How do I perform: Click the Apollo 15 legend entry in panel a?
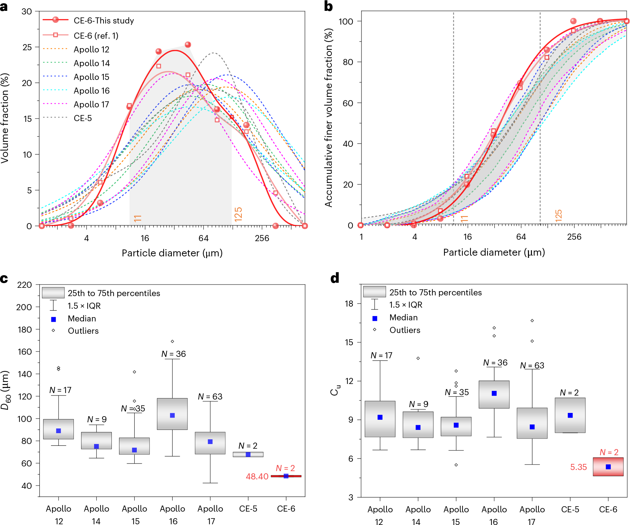click(x=91, y=77)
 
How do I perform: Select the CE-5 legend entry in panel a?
click(x=83, y=118)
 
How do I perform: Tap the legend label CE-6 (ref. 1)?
click(x=96, y=36)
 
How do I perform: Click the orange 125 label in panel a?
click(x=238, y=214)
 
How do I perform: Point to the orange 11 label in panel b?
click(x=465, y=218)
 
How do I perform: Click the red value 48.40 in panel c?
click(x=257, y=477)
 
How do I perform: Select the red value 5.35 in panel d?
click(x=578, y=467)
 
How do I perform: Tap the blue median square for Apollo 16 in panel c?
click(x=172, y=415)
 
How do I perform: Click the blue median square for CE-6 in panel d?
click(x=608, y=467)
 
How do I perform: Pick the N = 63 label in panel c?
click(x=210, y=397)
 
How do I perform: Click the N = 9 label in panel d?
click(x=418, y=404)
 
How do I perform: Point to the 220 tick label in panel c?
click(x=25, y=285)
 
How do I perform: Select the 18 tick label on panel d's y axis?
click(x=349, y=304)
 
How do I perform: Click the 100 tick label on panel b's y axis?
click(x=346, y=21)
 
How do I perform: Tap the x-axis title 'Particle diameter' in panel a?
click(x=172, y=253)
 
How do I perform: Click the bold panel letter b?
click(x=328, y=7)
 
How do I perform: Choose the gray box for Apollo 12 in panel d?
click(x=380, y=419)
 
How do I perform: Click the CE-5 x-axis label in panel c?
click(x=248, y=509)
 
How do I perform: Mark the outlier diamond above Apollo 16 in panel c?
click(x=172, y=341)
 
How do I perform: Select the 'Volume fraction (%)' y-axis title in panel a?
click(x=5, y=118)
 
